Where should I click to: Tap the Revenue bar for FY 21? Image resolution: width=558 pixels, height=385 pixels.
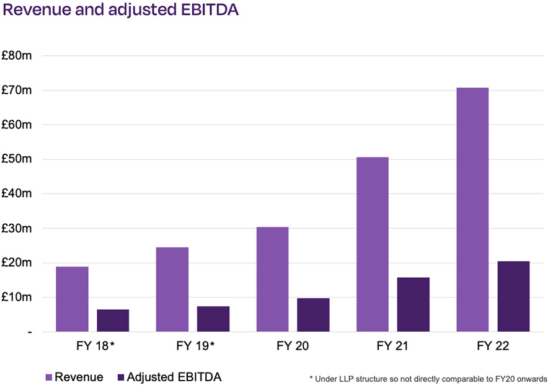click(372, 244)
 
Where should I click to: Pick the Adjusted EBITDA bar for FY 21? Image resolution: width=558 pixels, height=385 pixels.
click(413, 304)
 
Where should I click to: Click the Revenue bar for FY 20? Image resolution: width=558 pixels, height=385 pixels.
click(272, 279)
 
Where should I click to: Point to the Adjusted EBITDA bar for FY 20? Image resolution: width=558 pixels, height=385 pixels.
click(313, 315)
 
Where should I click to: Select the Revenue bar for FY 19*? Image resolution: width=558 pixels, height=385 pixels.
click(172, 290)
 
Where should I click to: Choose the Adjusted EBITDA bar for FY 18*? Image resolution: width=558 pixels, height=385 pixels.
click(113, 321)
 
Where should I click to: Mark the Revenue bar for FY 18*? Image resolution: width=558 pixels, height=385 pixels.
click(72, 299)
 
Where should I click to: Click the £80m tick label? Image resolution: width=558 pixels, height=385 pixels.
click(17, 56)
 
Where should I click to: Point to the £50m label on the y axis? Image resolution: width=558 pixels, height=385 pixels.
click(17, 159)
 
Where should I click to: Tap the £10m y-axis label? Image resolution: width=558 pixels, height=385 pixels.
click(17, 297)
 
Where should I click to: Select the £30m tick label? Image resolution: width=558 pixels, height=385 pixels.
click(17, 228)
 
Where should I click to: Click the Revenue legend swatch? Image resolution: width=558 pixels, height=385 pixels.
click(50, 376)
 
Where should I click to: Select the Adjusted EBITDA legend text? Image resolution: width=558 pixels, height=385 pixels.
click(174, 376)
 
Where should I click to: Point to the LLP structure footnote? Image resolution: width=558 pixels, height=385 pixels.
click(427, 378)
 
